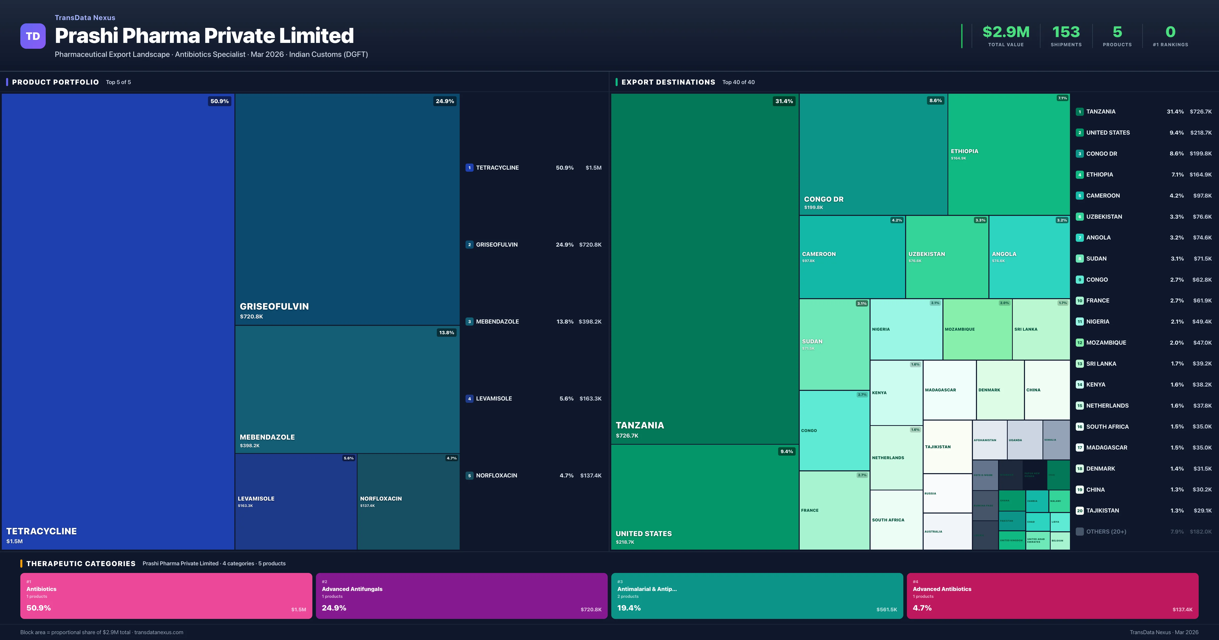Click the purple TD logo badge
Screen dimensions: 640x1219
click(33, 36)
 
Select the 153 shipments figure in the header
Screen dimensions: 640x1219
click(1066, 32)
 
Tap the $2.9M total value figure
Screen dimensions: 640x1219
click(1006, 32)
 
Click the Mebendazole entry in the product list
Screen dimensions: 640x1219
click(497, 322)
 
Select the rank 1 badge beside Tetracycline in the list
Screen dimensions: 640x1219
click(469, 168)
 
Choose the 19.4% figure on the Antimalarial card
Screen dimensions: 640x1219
click(629, 608)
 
